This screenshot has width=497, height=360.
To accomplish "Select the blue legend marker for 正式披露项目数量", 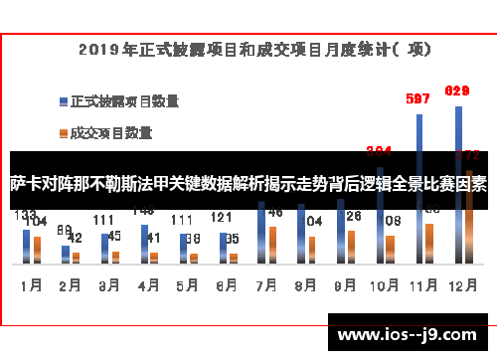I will point(62,100).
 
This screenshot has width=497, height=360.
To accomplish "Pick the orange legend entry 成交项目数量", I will point(109,131).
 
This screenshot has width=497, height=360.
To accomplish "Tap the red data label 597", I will point(418,98).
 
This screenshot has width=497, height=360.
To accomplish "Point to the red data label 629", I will point(457,90).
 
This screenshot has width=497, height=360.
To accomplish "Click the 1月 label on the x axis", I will point(31,284).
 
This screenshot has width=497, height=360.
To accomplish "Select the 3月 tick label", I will point(108,284).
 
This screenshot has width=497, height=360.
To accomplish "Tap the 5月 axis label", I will point(186,284).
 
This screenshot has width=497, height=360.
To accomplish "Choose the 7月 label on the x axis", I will point(264,284).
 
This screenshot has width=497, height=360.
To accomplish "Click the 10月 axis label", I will point(382,284).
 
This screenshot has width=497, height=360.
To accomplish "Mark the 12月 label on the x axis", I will point(460,284).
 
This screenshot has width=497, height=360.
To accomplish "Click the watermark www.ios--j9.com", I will point(410,334).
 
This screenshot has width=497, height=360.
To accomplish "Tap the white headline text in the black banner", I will point(248,185).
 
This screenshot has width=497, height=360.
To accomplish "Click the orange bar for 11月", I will point(428,244).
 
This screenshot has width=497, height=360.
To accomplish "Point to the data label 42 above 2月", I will point(75,239).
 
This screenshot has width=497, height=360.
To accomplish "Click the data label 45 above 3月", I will point(114,236).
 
